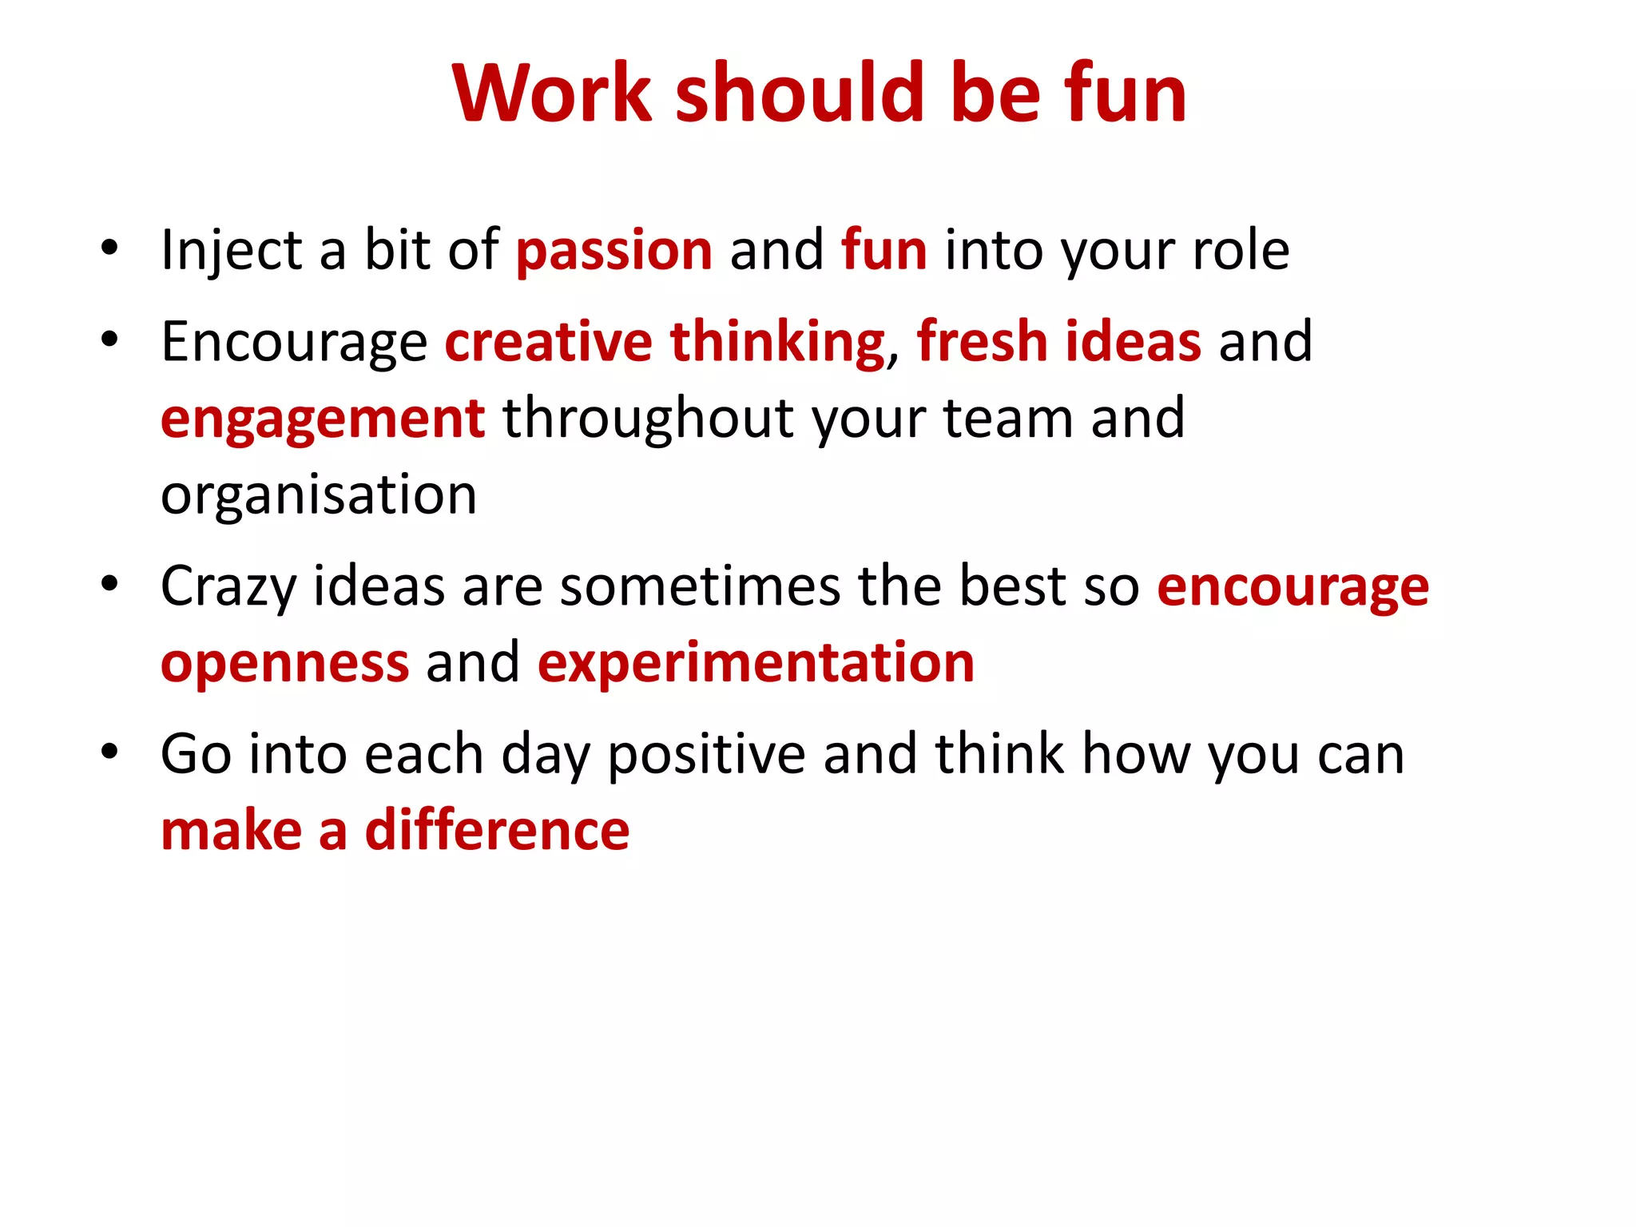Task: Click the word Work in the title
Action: (551, 93)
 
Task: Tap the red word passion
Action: (613, 251)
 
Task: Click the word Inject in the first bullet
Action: (231, 251)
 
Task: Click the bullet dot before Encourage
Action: (110, 339)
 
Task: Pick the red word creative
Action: (548, 342)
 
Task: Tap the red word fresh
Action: (981, 342)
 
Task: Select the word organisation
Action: (319, 495)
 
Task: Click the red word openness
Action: (284, 663)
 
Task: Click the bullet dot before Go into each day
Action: (110, 752)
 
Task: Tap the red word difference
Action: (497, 831)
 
